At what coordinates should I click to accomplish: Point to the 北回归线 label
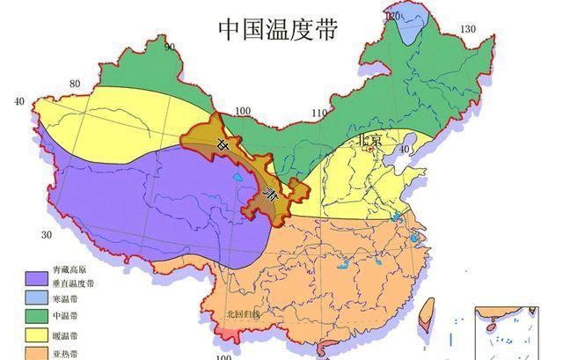click(x=243, y=313)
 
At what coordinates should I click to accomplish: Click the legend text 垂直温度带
click(x=73, y=284)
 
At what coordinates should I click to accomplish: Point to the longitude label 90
click(x=169, y=47)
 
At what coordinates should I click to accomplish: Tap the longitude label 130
click(x=467, y=29)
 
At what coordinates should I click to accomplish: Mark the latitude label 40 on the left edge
click(x=18, y=102)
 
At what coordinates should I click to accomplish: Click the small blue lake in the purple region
click(x=238, y=184)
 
